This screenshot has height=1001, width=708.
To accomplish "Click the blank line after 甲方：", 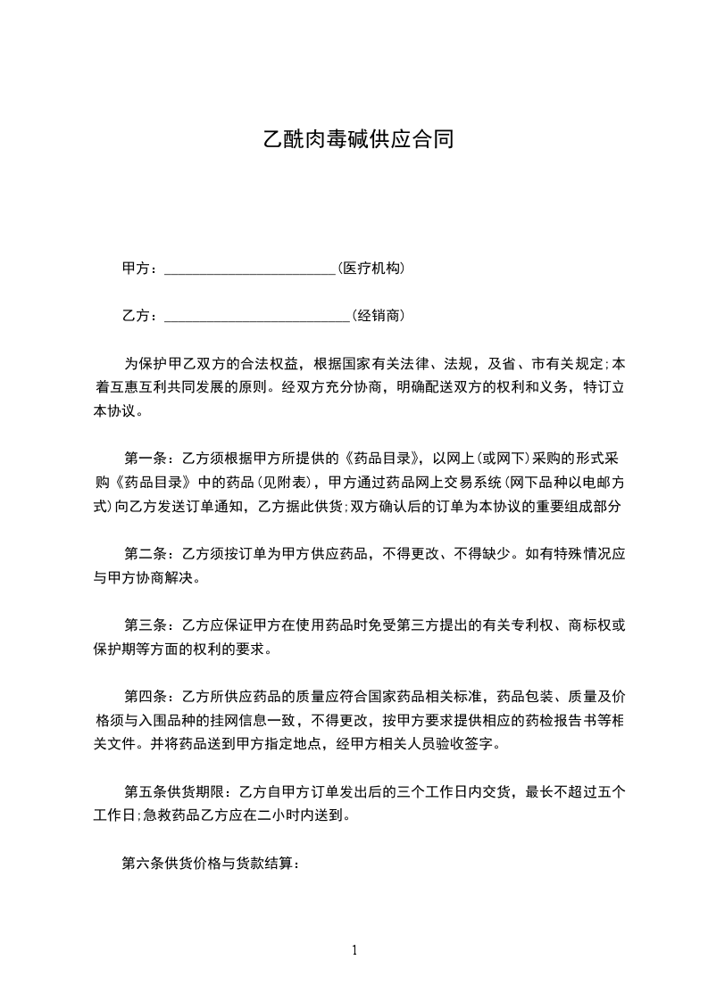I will [x=250, y=269].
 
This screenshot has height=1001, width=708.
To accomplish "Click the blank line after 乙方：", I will [x=257, y=317].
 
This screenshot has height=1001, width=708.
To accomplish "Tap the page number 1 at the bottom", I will [x=354, y=950].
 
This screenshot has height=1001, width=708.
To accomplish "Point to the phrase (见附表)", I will [x=287, y=483].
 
